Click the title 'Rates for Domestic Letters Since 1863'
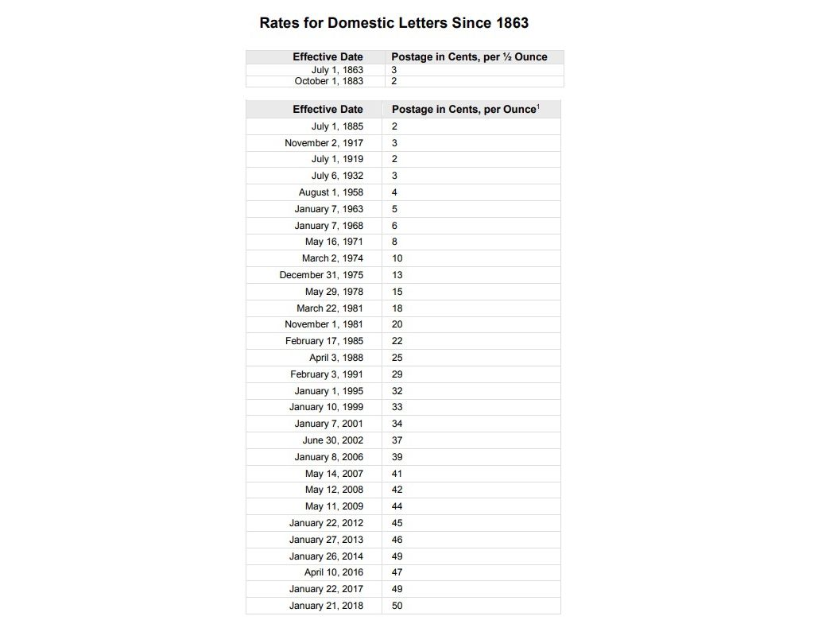(393, 22)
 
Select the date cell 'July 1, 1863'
(337, 70)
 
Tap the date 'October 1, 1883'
(328, 81)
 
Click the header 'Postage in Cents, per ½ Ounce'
(469, 57)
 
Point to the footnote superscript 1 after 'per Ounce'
(538, 106)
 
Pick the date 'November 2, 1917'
(324, 143)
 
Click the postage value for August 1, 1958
(394, 192)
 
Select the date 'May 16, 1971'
(334, 242)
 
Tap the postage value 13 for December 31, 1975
(397, 275)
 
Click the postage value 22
(397, 341)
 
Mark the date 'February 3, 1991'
(326, 374)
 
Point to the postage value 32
(397, 391)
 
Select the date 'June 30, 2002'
(332, 440)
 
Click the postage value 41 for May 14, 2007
(397, 474)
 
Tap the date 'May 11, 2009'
(334, 506)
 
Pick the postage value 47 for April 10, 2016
(397, 572)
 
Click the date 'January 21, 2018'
(326, 606)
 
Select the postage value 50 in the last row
(397, 606)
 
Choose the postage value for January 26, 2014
(397, 556)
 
